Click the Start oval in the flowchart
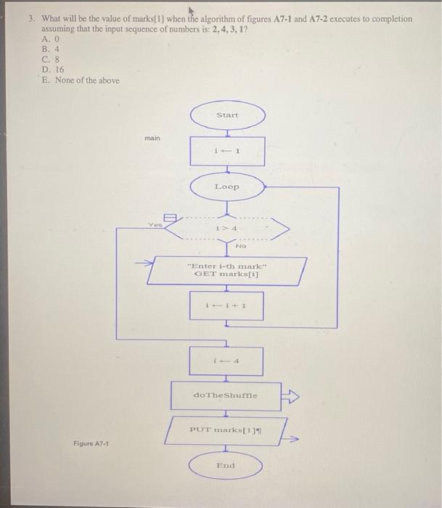pyautogui.click(x=227, y=116)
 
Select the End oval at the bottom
pyautogui.click(x=227, y=465)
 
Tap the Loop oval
pyautogui.click(x=227, y=187)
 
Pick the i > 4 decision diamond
pyautogui.click(x=227, y=229)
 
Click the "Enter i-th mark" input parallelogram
pyautogui.click(x=227, y=271)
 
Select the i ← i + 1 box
pyautogui.click(x=227, y=306)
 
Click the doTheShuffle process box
pyautogui.click(x=226, y=396)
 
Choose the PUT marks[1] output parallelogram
pyautogui.click(x=226, y=430)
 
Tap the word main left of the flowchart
pyautogui.click(x=152, y=136)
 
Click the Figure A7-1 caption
pyautogui.click(x=90, y=443)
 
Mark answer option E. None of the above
pyautogui.click(x=80, y=80)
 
